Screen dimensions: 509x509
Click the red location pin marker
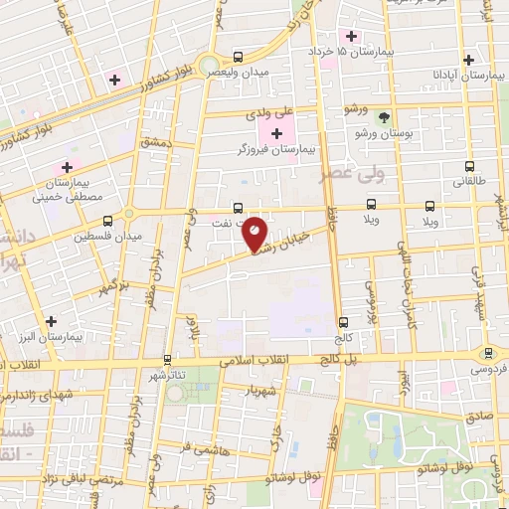255,233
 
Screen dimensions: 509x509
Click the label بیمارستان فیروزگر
279,149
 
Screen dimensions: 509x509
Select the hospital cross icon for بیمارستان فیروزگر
277,132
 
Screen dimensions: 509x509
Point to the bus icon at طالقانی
468,166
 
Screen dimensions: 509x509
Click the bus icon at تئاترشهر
167,359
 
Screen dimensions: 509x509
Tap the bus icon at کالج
344,322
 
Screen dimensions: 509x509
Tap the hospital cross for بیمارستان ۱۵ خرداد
351,36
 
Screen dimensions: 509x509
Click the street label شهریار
267,388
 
